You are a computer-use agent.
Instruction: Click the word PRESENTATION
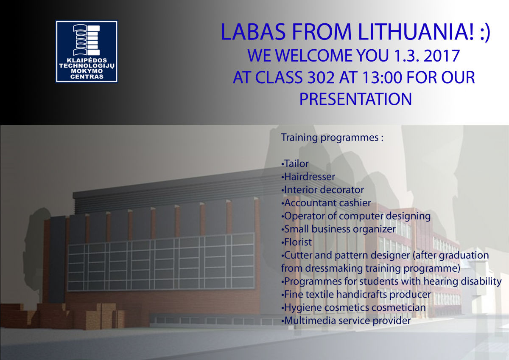(x=355, y=99)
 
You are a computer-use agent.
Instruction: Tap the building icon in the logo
(x=87, y=40)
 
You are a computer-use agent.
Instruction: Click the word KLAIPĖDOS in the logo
(x=87, y=60)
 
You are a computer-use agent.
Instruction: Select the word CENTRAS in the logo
(x=87, y=77)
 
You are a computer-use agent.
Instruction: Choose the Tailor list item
(x=295, y=163)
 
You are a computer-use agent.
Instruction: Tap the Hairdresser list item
(x=308, y=177)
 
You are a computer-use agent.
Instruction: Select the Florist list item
(x=296, y=242)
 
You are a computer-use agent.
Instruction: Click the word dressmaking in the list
(x=333, y=269)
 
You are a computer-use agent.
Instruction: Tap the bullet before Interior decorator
(x=282, y=190)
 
